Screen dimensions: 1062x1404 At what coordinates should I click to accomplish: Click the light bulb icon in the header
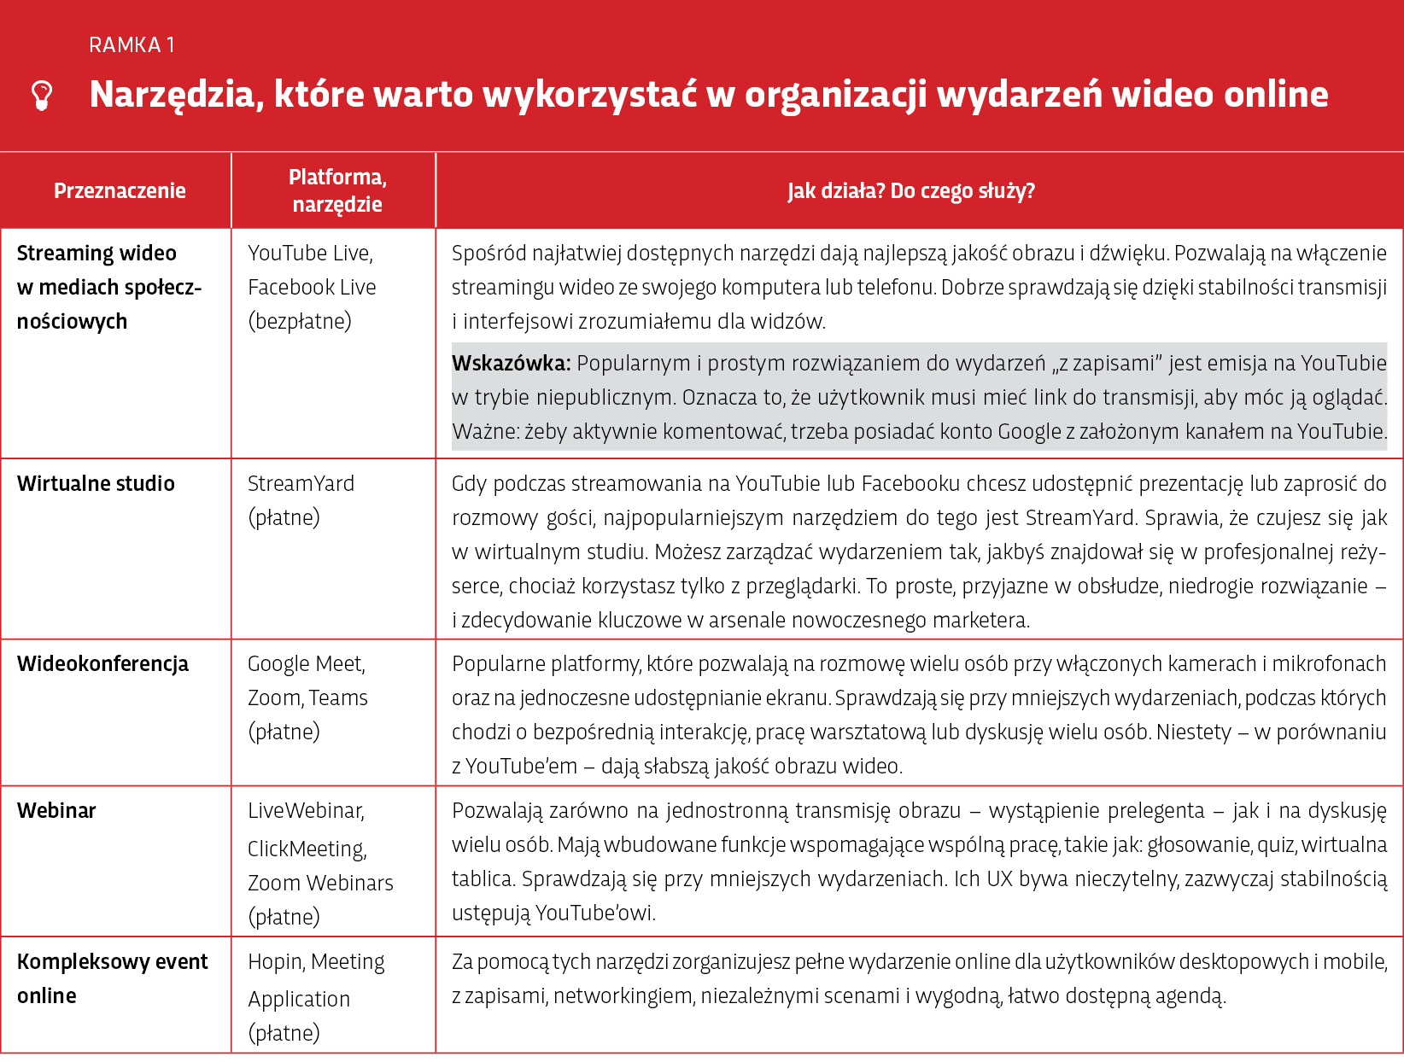tap(42, 96)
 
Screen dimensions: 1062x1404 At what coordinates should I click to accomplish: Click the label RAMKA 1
tap(132, 45)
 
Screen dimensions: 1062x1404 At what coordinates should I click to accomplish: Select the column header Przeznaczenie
tap(120, 190)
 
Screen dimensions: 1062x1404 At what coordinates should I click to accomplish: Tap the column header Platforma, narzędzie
tap(337, 190)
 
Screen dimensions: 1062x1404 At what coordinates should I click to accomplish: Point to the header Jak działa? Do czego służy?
tap(911, 190)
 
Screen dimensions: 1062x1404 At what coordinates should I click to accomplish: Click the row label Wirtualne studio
tap(96, 484)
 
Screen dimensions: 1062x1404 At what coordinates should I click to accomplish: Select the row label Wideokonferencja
tap(102, 664)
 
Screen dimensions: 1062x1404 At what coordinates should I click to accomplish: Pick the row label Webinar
tap(56, 811)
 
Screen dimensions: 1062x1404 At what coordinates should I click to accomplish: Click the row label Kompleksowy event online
tap(112, 978)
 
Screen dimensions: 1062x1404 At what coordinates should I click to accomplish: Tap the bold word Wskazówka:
tap(511, 364)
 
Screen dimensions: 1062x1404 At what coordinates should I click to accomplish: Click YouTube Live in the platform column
tap(308, 254)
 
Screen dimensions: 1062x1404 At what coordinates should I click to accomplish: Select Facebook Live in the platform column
tap(312, 288)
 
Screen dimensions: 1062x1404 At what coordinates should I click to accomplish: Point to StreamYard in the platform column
tap(301, 484)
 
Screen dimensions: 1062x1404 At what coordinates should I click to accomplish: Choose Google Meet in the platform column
tap(305, 664)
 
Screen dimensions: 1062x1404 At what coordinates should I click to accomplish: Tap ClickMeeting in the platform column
tap(306, 849)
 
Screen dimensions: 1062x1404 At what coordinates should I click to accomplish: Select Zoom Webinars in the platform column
tap(320, 884)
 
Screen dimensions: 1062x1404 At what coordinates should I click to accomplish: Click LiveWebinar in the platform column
tap(305, 811)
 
